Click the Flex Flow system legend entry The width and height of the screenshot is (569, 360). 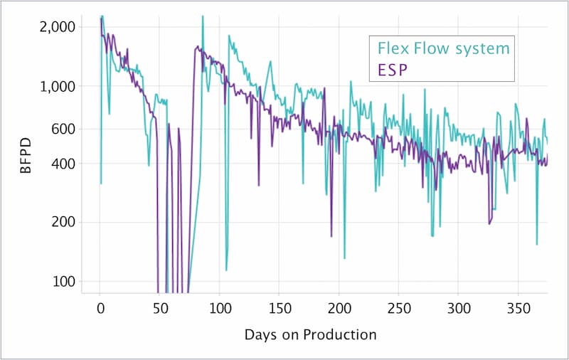(444, 49)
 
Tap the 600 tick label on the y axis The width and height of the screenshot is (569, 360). (65, 129)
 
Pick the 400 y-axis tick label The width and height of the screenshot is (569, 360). (65, 164)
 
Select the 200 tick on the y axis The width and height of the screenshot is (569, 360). (65, 222)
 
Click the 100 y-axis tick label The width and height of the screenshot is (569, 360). (65, 280)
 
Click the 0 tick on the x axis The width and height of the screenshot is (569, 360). (100, 309)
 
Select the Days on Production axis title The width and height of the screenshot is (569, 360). (309, 334)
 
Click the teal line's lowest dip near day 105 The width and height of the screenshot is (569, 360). (226, 270)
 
